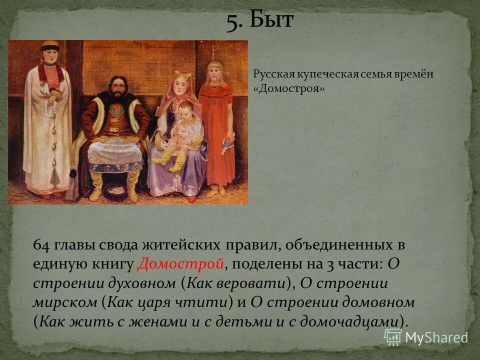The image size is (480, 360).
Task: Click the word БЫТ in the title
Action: [x=273, y=21]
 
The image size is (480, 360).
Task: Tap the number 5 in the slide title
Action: [x=233, y=22]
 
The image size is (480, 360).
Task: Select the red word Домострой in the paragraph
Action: [x=180, y=263]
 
